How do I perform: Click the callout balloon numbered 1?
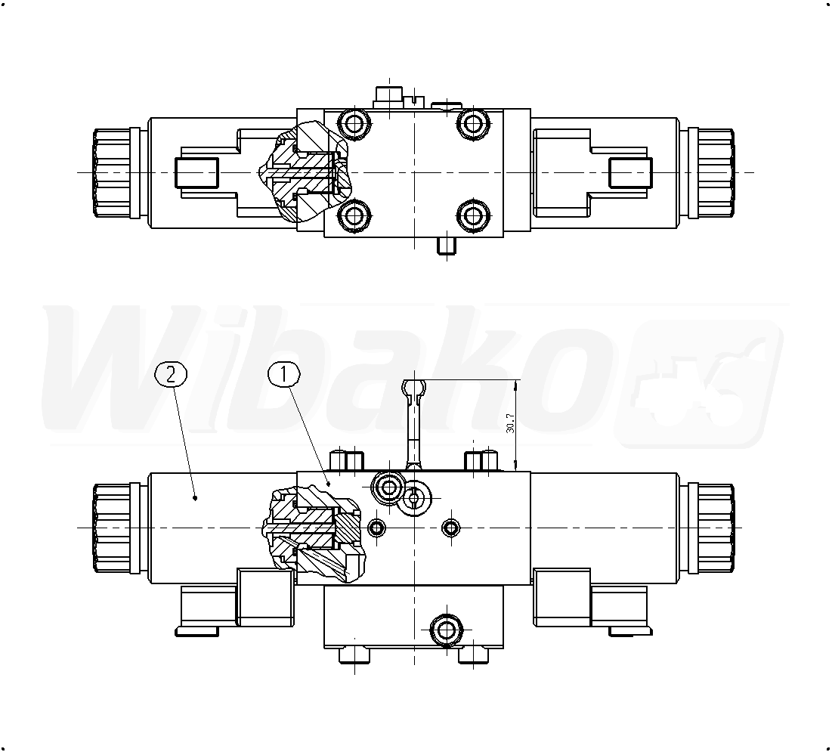pyautogui.click(x=284, y=375)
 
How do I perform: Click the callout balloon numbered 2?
pyautogui.click(x=171, y=375)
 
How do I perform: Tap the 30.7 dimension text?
pyautogui.click(x=510, y=424)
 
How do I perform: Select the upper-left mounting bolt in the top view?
pyautogui.click(x=355, y=124)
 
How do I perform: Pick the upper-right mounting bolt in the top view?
pyautogui.click(x=472, y=124)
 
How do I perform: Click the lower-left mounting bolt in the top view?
pyautogui.click(x=355, y=216)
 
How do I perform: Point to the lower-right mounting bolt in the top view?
pyautogui.click(x=472, y=216)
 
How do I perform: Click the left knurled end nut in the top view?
pyautogui.click(x=111, y=172)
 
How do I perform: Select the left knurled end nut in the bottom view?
pyautogui.click(x=111, y=528)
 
